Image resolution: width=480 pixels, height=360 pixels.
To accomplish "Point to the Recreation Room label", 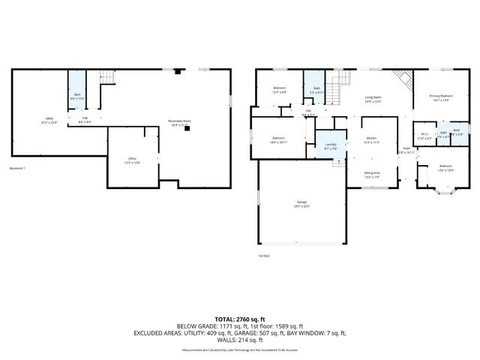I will (x=180, y=123).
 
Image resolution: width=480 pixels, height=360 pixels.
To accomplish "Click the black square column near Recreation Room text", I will (x=187, y=128).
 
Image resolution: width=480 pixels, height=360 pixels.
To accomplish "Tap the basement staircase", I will (x=109, y=77).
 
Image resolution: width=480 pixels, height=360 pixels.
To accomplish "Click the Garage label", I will (x=301, y=203).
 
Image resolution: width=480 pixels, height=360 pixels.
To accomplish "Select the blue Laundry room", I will (x=331, y=146).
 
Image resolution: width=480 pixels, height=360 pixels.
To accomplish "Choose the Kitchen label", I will (x=371, y=140).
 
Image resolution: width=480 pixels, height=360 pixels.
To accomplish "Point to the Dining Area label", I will (x=371, y=175).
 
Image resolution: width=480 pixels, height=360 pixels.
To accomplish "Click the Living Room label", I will (x=373, y=99).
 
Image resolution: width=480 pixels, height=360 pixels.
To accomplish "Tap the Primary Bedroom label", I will (x=440, y=98).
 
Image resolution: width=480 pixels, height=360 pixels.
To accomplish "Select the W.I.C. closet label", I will (x=424, y=137).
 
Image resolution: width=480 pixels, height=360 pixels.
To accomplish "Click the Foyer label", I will (x=406, y=150).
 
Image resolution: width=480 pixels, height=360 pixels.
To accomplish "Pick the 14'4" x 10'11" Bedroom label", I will (x=278, y=139).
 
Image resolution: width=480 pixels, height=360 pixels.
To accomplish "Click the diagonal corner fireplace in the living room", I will (x=403, y=78).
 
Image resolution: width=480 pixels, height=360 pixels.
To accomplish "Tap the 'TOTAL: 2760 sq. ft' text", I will (x=240, y=319).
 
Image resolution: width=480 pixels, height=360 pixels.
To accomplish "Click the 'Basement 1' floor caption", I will (x=17, y=167).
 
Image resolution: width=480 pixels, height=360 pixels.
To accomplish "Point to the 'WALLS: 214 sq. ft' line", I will (x=240, y=341).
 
